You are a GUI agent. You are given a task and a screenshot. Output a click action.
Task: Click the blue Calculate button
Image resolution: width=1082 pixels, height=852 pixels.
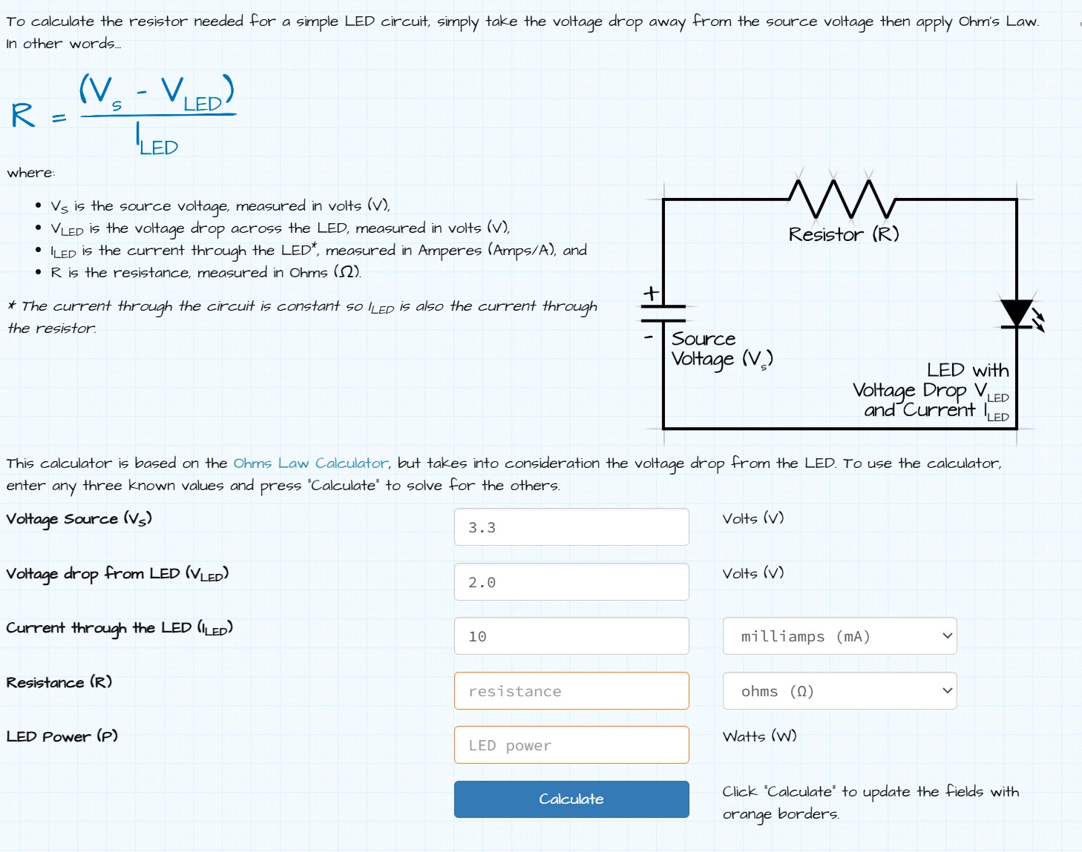[571, 799]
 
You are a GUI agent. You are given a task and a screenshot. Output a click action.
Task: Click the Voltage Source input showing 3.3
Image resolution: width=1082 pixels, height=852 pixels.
[571, 527]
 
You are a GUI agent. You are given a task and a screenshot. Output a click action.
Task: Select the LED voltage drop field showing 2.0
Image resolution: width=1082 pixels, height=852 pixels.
[571, 582]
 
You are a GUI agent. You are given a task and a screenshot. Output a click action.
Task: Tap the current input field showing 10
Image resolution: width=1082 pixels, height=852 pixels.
[571, 636]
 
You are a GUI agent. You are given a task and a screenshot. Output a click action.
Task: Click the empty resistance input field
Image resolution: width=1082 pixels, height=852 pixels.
[571, 691]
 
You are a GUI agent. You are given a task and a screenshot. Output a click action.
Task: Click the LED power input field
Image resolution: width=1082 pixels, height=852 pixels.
[571, 745]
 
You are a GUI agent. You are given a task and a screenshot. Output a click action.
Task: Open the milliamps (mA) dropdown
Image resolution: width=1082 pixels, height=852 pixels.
[839, 636]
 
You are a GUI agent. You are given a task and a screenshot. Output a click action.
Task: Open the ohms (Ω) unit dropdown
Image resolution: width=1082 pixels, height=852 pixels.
[839, 691]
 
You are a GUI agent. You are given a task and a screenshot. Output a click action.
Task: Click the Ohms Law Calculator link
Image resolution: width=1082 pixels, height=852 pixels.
[310, 463]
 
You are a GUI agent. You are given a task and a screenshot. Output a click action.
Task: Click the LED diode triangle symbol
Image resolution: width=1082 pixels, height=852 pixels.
[1016, 313]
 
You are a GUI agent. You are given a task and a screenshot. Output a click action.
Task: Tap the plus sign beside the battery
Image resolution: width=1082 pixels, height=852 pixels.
[651, 294]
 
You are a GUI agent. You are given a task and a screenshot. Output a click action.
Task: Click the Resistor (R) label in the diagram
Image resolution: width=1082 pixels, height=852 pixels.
[844, 234]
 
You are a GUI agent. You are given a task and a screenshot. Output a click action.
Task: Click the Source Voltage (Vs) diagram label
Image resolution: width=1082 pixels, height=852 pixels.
[721, 349]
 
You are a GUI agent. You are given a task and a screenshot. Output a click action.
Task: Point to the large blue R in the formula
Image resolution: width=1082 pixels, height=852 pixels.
[23, 116]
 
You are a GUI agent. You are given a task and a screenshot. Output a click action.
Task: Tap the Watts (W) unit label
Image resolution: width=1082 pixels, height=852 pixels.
[759, 736]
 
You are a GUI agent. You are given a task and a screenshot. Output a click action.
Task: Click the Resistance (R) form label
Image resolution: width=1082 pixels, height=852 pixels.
[59, 682]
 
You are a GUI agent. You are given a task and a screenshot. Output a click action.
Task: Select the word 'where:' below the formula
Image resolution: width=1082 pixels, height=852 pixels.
[31, 173]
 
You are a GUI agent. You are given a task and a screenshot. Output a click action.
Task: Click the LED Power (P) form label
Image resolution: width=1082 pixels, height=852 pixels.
[62, 736]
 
